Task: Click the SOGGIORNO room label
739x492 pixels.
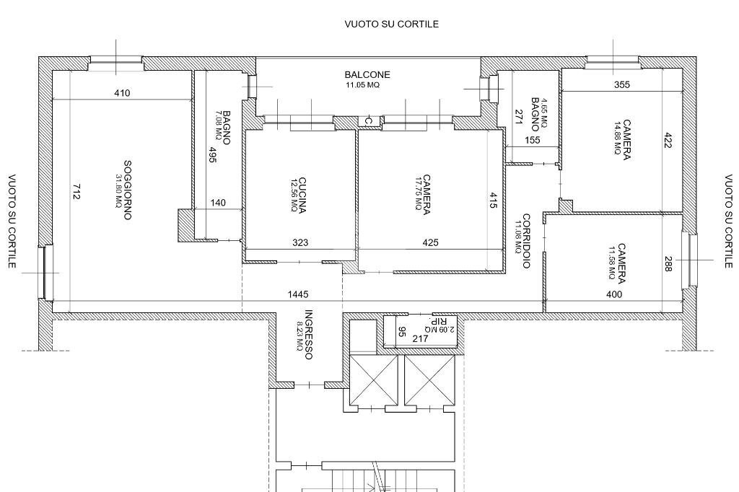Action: (x=127, y=190)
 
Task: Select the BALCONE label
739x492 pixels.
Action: (x=367, y=74)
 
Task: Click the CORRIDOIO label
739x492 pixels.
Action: (x=526, y=241)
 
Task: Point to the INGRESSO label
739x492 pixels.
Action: (x=308, y=335)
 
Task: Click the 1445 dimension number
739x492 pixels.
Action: (x=298, y=294)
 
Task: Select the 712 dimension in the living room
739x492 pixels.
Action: (x=76, y=192)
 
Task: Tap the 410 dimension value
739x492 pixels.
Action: (x=122, y=93)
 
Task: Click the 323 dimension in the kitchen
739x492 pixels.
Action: (x=300, y=243)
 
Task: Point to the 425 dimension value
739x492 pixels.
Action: (x=430, y=243)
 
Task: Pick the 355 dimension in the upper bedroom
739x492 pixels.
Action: (x=621, y=84)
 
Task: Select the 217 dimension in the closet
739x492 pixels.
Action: (x=420, y=338)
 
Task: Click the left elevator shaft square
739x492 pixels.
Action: (x=373, y=379)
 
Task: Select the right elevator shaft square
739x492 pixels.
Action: (x=429, y=379)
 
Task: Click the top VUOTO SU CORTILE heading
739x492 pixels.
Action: (x=391, y=24)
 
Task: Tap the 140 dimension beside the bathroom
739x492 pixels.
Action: (x=217, y=203)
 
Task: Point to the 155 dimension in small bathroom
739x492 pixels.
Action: (x=533, y=140)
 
